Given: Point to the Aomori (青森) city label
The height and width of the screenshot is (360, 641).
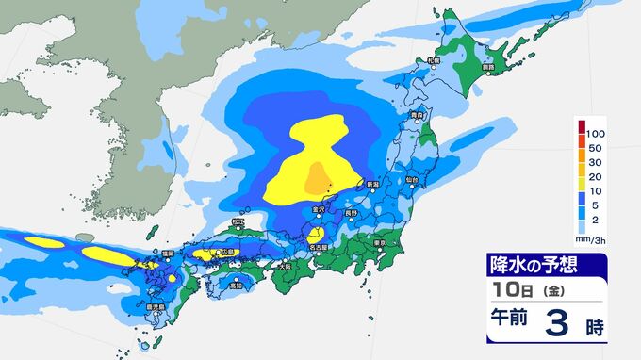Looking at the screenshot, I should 417,115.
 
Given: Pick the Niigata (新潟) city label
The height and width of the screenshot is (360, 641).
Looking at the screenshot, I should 372,184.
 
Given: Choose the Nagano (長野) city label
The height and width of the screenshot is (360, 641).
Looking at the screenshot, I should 351,214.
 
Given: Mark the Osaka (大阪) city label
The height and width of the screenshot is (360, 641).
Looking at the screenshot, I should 285,267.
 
